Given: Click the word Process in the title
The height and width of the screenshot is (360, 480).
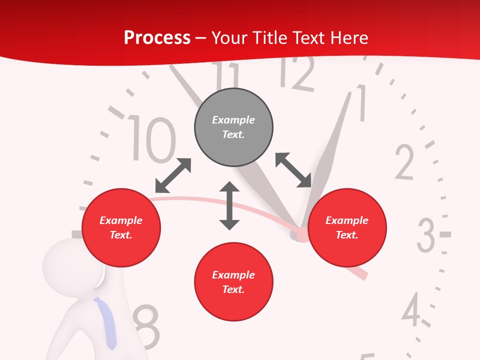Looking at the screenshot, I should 157,37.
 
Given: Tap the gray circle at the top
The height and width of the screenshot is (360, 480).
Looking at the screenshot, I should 233,127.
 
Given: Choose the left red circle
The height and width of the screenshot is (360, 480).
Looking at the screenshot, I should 121,227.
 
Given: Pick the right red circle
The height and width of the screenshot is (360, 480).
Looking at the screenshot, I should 347,227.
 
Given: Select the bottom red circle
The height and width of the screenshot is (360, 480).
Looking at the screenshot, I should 233,282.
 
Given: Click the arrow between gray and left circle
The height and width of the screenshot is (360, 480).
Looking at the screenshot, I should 173,175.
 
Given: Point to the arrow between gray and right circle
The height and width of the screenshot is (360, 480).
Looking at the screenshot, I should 293,170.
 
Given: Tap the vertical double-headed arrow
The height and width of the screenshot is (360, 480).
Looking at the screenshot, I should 229,206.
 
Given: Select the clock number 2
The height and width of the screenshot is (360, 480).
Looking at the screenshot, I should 404,162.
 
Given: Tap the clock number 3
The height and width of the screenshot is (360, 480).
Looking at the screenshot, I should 426,235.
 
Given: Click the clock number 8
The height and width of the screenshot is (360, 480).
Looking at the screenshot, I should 146,327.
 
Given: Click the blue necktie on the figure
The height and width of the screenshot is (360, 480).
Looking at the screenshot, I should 106,322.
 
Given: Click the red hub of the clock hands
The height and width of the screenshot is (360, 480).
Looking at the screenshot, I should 301,234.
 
